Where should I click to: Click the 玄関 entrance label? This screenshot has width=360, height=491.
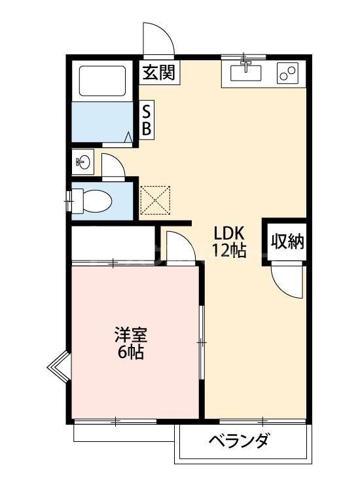[159, 73]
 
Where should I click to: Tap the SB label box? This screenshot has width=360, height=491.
[147, 120]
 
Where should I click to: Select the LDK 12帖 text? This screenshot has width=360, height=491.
[229, 241]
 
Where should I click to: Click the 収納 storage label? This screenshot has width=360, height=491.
[288, 242]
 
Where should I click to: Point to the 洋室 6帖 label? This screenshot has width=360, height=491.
[131, 343]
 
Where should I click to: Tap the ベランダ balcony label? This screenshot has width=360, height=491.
[238, 441]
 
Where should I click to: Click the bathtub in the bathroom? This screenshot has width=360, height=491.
[102, 81]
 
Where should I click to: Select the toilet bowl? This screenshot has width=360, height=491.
[92, 201]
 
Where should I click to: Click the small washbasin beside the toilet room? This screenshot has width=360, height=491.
[83, 162]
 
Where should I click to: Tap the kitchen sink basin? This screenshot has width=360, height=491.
[245, 73]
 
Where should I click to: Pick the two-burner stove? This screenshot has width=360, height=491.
[287, 73]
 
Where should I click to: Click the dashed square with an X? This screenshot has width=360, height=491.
[155, 200]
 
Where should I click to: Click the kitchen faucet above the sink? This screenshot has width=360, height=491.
[245, 63]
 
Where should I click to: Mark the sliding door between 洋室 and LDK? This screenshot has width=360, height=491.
[202, 342]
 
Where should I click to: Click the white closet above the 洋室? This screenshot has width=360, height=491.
[113, 243]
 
